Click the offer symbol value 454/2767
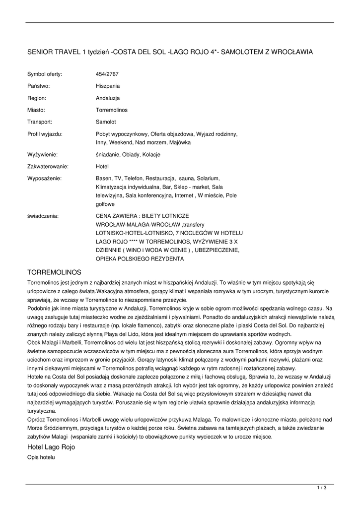click(x=107, y=74)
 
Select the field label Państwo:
click(x=39, y=86)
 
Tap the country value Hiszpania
click(x=108, y=86)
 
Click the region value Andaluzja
click(x=108, y=98)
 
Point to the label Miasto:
click(x=36, y=110)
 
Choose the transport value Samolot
click(x=106, y=122)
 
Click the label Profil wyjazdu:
click(x=45, y=134)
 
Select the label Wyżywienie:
click(x=42, y=155)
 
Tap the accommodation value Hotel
click(x=102, y=167)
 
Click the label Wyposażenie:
click(x=44, y=178)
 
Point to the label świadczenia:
click(x=43, y=216)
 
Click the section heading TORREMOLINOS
click(x=54, y=272)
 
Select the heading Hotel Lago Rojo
click(x=51, y=447)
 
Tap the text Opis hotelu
click(x=41, y=457)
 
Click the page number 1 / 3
click(x=322, y=488)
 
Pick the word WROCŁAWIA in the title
click(x=293, y=52)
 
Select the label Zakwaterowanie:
click(x=48, y=167)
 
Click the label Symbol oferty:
click(x=45, y=74)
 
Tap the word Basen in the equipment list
click(x=103, y=178)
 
